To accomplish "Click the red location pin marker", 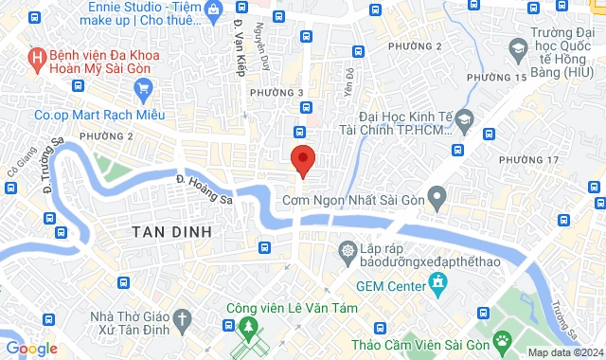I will coord(302,159).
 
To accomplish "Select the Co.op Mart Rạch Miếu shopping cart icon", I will coord(144,90).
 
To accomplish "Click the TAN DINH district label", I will coord(170,231).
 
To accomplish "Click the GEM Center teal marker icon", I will coord(437,282).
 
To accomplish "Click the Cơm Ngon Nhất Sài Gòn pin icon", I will coord(437,198).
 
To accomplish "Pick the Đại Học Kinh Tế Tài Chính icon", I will coord(463,120).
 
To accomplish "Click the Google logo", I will coord(31,349).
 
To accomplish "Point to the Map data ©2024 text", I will coord(564,353).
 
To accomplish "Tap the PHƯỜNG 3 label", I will coord(276,92).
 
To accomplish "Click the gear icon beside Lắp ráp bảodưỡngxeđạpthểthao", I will coord(348,250).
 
